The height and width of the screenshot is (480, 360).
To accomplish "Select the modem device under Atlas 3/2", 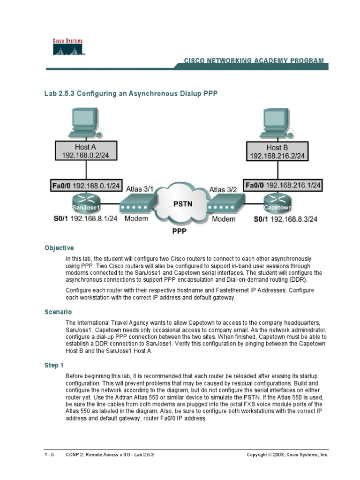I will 226,204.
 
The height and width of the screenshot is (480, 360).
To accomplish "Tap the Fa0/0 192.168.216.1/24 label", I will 283,186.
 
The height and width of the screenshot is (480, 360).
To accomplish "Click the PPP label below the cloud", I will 180,231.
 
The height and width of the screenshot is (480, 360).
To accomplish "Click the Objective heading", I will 59,248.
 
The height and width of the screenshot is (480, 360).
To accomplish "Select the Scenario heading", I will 58,311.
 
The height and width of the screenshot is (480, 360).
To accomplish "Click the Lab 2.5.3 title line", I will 131,94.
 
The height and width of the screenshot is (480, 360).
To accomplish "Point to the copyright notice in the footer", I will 287,455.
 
